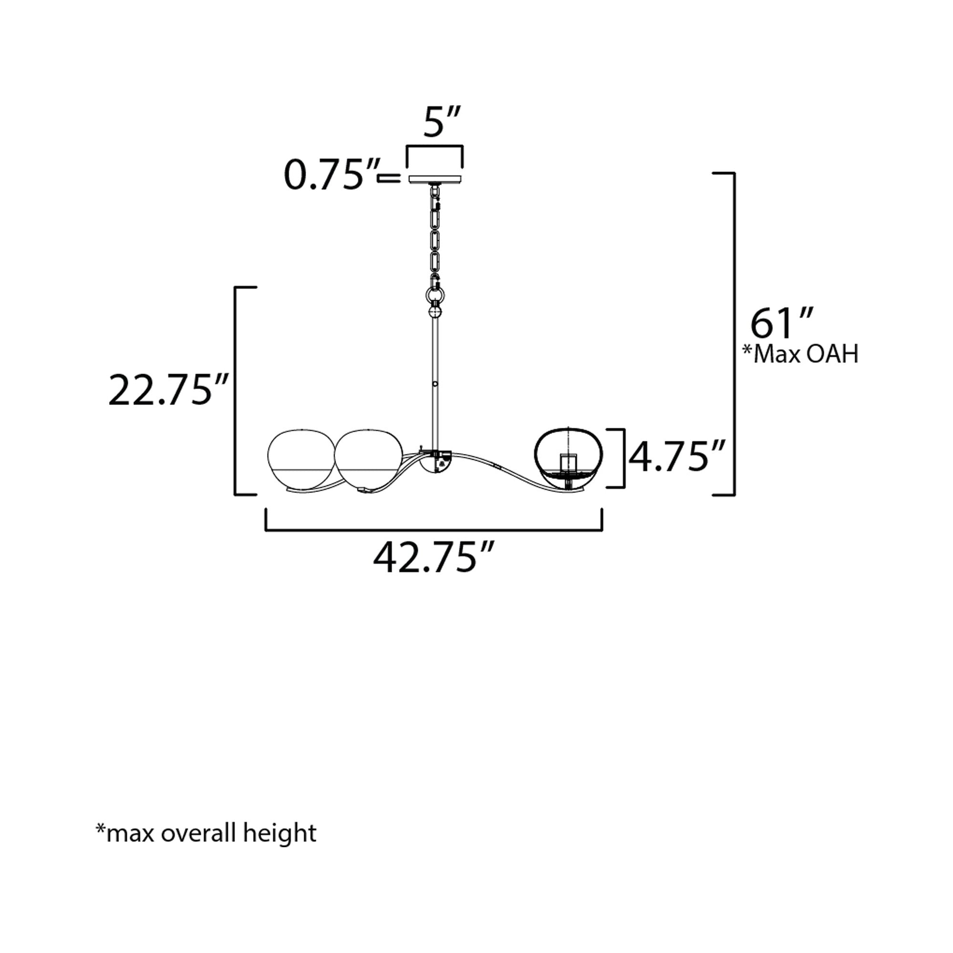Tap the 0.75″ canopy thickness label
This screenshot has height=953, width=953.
tap(332, 175)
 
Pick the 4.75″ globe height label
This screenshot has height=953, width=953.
tap(677, 457)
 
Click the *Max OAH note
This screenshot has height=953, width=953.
tap(800, 354)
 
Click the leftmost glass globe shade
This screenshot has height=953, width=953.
tap(300, 461)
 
